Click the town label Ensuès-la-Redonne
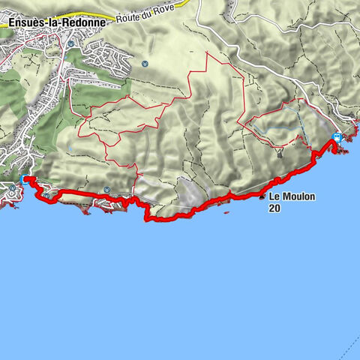pos(54,22)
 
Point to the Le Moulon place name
pos(292,197)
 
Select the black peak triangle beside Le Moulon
pos(262,198)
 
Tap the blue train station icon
pos(337,137)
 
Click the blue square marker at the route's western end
pos(27,179)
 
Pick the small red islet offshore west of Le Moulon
pos(226,214)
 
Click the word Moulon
pos(298,197)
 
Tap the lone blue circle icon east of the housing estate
pos(145,63)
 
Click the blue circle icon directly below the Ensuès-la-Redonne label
pos(70,43)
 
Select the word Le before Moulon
pos(274,197)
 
